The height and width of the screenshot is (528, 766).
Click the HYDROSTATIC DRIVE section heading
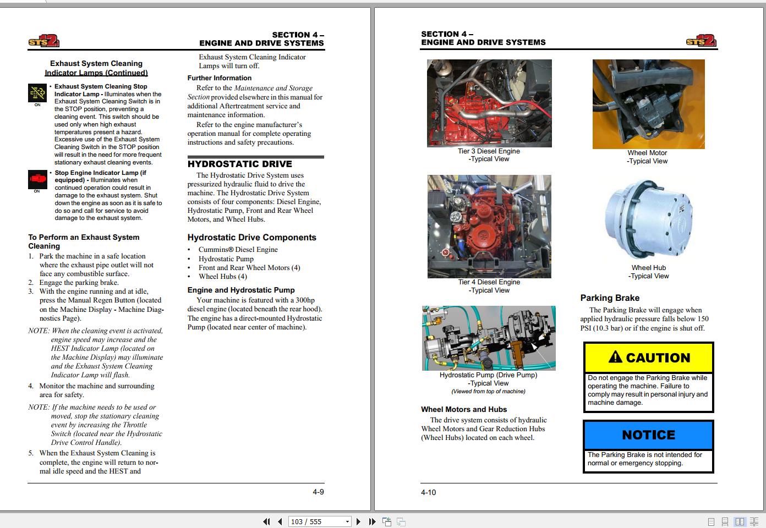click(x=240, y=164)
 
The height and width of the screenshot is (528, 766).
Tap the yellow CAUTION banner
click(x=649, y=358)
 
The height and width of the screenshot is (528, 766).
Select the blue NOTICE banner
click(x=648, y=435)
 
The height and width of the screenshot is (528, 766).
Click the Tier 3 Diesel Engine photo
click(x=489, y=103)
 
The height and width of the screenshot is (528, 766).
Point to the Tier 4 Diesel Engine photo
click(x=489, y=227)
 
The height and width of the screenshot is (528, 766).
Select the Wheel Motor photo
click(x=648, y=105)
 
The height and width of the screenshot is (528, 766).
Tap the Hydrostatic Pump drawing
click(x=489, y=338)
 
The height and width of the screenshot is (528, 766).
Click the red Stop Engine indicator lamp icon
click(x=37, y=179)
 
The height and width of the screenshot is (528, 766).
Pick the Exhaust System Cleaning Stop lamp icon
click(x=37, y=93)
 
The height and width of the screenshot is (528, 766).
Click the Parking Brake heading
click(x=610, y=298)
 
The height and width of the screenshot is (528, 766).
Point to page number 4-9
click(x=318, y=492)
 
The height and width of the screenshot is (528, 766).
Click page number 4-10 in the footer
click(x=428, y=493)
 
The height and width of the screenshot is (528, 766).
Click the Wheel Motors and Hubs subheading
click(x=464, y=410)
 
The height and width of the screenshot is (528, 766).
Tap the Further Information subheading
click(x=220, y=78)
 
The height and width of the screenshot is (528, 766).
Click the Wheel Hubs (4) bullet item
click(x=223, y=277)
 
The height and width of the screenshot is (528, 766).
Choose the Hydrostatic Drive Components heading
click(x=252, y=238)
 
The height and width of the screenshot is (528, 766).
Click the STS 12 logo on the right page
click(x=701, y=40)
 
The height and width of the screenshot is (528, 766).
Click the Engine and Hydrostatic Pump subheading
click(x=241, y=290)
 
